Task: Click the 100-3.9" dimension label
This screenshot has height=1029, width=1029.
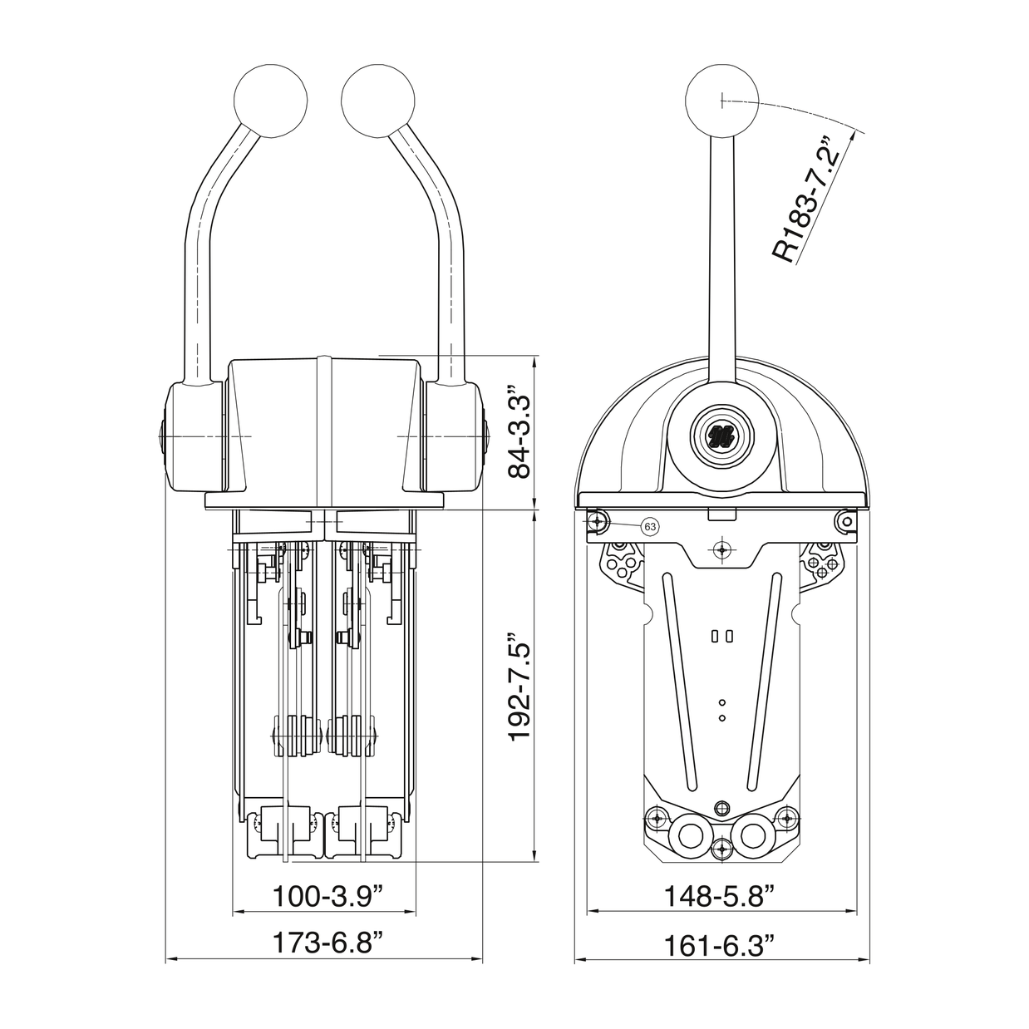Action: [328, 895]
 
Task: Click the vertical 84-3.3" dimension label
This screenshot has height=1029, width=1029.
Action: [519, 431]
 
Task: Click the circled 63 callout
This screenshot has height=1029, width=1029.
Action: [650, 526]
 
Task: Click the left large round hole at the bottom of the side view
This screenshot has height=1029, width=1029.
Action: [690, 834]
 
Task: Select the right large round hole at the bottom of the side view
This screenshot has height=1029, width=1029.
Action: [752, 834]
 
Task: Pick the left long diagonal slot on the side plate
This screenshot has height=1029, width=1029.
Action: [679, 682]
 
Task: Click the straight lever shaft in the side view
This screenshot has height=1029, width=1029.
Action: [721, 249]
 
